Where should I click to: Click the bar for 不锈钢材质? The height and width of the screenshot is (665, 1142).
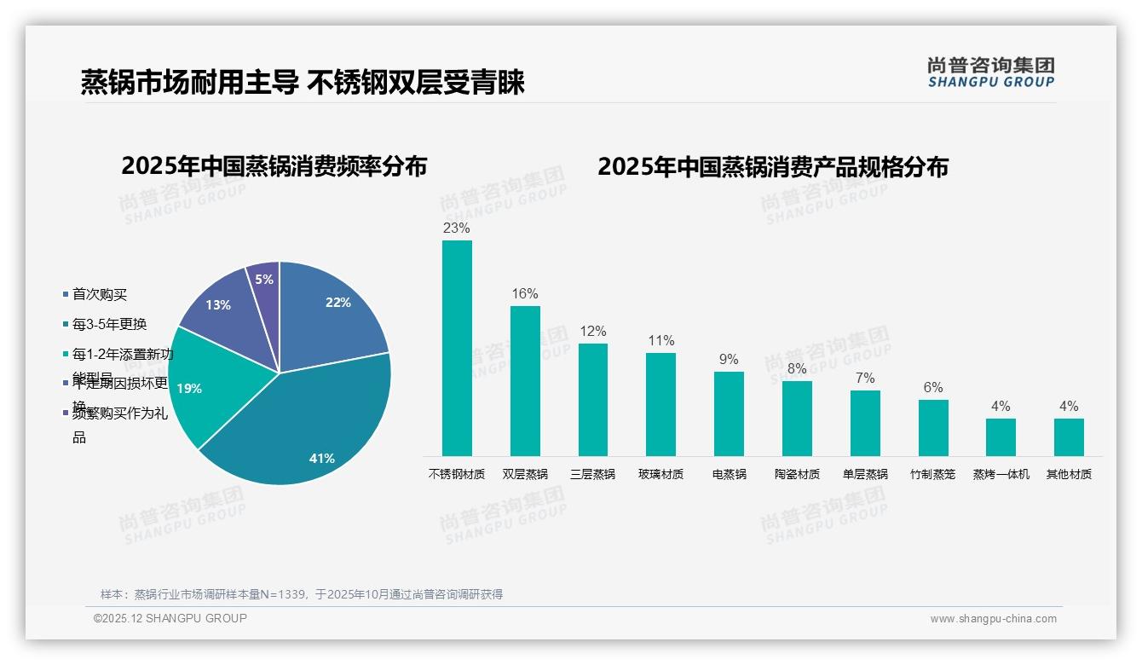[457, 348]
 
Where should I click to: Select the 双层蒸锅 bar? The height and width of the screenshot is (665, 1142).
[525, 380]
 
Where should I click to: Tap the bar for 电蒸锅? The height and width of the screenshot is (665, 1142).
[729, 413]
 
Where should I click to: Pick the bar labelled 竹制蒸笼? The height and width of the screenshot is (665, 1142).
[933, 427]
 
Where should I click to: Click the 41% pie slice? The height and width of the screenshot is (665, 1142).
[307, 426]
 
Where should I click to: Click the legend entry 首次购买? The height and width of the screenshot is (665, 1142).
[99, 294]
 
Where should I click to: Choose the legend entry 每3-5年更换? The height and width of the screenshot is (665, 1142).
[109, 324]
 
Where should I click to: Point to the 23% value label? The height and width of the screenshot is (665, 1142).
[457, 228]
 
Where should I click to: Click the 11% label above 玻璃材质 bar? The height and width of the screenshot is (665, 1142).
[660, 341]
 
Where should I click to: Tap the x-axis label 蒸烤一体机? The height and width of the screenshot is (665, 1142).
[1001, 474]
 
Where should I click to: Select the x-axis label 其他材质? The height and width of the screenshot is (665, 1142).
[1069, 474]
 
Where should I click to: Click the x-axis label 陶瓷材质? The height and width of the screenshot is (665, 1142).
[797, 474]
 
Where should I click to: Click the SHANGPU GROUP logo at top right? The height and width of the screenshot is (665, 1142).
[990, 72]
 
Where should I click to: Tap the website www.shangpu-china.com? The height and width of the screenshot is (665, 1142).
[993, 619]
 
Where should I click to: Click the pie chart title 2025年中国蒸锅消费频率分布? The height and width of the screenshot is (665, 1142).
[274, 166]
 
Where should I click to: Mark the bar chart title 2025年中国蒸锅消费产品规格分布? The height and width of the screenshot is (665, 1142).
[772, 166]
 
